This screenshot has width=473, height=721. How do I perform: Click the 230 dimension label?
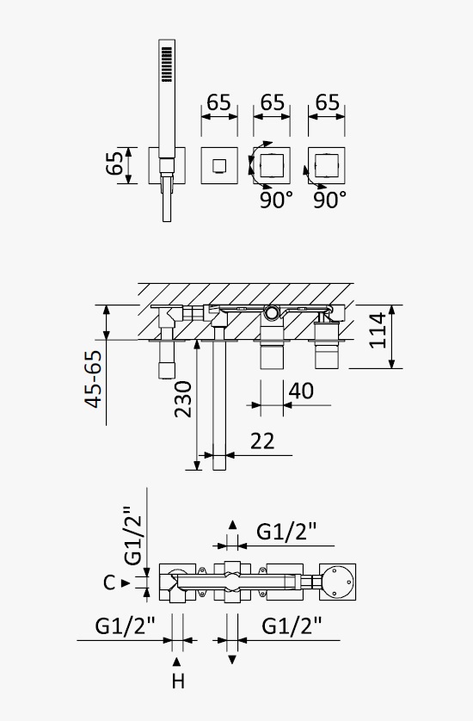pyautogui.click(x=183, y=399)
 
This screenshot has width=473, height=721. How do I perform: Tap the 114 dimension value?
pyautogui.click(x=378, y=330)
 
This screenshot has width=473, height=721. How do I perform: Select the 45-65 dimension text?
pyautogui.click(x=94, y=379)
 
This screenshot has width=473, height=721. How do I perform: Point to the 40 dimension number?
pyautogui.click(x=301, y=391)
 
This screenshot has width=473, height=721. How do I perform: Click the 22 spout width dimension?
pyautogui.click(x=262, y=441)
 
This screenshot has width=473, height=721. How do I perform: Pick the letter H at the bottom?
pyautogui.click(x=178, y=681)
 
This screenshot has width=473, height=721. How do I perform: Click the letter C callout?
pyautogui.click(x=109, y=582)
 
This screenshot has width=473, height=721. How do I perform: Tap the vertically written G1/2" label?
pyautogui.click(x=134, y=536)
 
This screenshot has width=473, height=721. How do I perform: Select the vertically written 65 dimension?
pyautogui.click(x=115, y=163)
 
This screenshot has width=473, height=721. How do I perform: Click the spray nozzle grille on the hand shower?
pyautogui.click(x=167, y=65)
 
